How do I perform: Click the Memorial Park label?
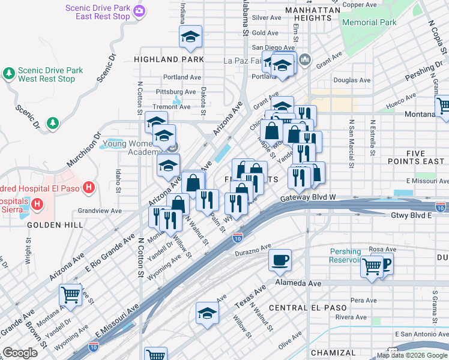(369, 22)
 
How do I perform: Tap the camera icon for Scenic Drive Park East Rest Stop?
(140, 11)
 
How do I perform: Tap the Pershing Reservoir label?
(345, 256)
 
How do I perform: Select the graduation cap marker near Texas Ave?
(208, 313)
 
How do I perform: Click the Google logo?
(20, 353)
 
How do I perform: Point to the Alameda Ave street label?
(298, 283)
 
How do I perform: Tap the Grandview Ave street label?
(100, 211)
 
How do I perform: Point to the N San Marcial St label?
(351, 144)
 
